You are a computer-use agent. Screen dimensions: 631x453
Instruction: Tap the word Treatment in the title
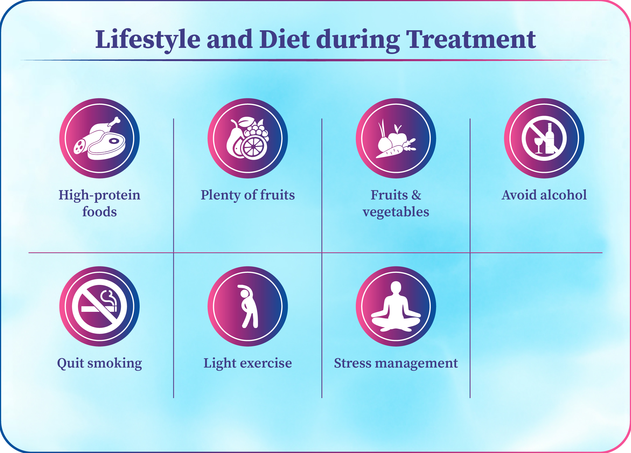(x=471, y=40)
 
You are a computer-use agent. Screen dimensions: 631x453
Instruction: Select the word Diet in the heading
(x=284, y=39)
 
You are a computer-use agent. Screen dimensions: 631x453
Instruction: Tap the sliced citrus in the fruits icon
(x=254, y=147)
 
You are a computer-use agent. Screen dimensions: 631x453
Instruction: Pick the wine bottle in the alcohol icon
(x=550, y=139)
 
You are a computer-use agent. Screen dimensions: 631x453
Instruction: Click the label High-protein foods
(x=99, y=203)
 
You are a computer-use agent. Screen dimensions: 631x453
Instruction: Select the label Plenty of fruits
(x=248, y=195)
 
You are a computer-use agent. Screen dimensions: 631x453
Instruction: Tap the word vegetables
(x=396, y=212)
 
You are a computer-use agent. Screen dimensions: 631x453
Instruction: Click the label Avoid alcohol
(x=544, y=195)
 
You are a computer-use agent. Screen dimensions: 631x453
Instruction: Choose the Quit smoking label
(x=99, y=363)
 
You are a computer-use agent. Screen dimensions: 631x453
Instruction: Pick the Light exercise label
(x=248, y=363)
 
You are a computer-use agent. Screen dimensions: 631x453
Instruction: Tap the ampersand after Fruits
(x=416, y=195)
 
